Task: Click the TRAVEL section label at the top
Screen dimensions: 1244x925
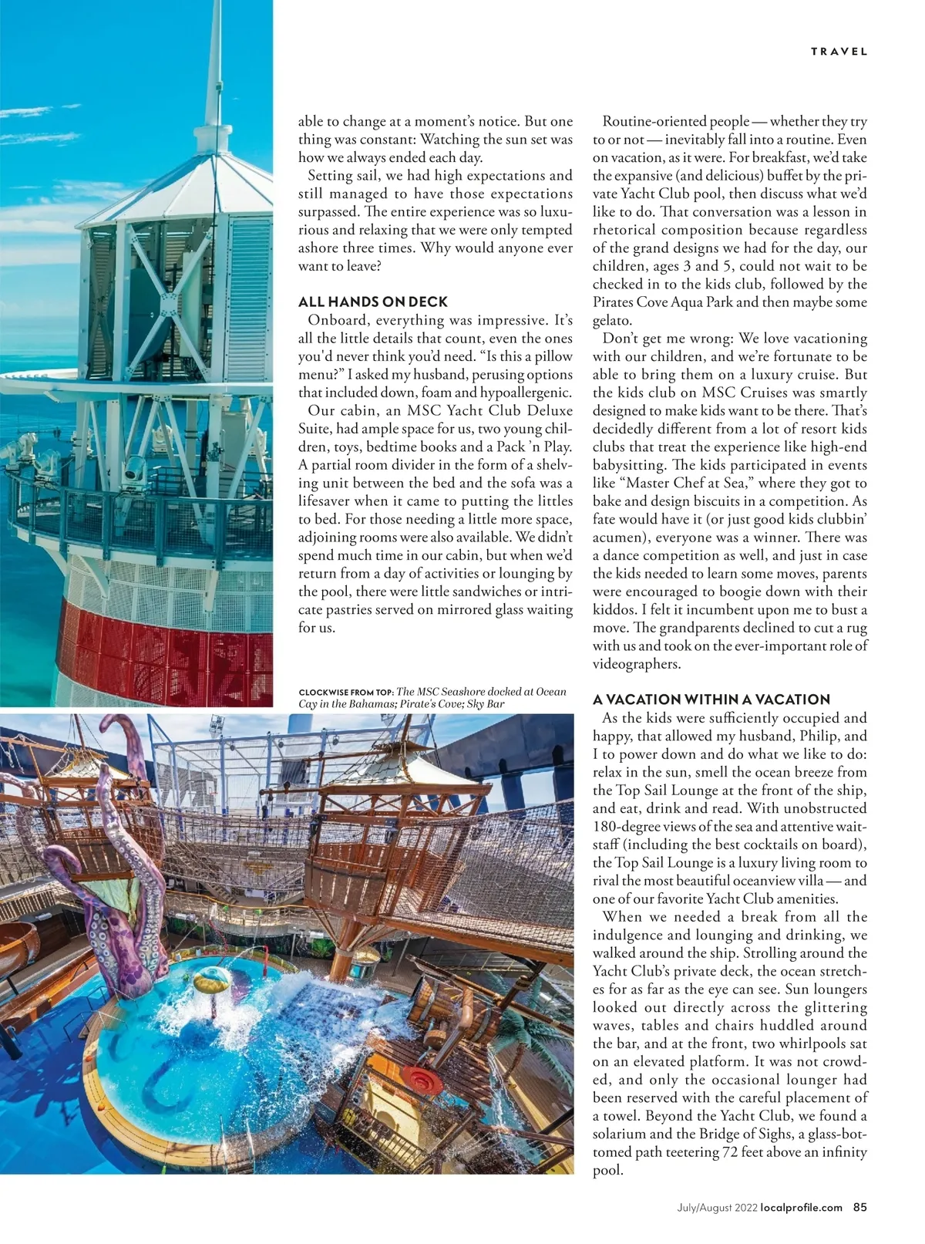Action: (839, 52)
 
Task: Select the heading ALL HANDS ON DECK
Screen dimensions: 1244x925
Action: (372, 302)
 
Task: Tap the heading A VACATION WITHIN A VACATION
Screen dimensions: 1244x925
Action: (711, 700)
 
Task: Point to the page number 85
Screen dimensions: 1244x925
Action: (859, 1208)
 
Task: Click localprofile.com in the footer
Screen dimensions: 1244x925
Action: (801, 1208)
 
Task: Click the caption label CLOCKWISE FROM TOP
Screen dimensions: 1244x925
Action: (346, 693)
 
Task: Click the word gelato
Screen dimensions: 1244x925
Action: (613, 320)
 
